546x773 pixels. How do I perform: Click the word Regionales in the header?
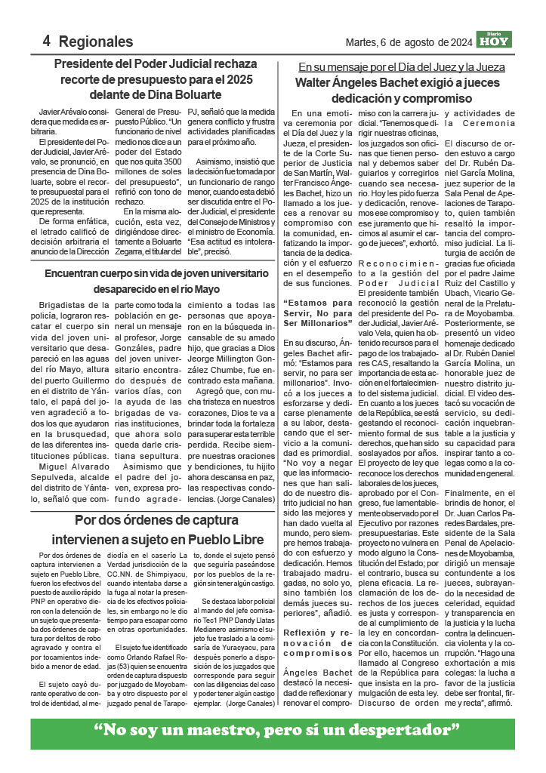[x=95, y=42]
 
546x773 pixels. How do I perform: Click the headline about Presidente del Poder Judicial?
[x=155, y=79]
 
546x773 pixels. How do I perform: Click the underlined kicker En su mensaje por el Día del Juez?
[x=412, y=66]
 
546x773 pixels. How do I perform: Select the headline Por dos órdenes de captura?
[x=158, y=520]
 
